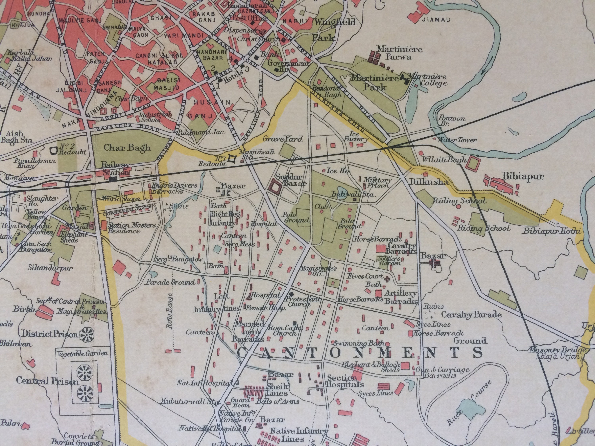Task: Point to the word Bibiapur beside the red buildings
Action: click(523, 177)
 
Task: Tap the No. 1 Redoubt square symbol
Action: click(232, 159)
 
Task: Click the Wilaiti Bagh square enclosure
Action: click(473, 163)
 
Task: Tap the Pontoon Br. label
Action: click(451, 121)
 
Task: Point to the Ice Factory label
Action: click(356, 136)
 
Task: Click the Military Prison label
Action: click(377, 183)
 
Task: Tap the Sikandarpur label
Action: click(50, 268)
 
